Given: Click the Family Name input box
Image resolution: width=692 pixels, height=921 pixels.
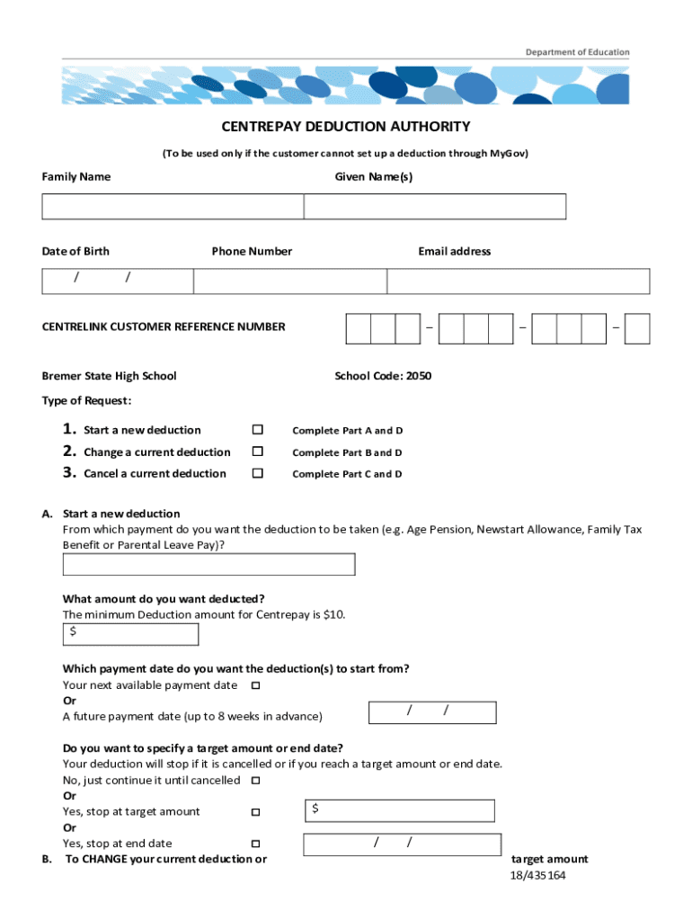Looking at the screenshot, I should coord(173,207).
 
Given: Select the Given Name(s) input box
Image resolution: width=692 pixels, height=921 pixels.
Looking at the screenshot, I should coord(435,207).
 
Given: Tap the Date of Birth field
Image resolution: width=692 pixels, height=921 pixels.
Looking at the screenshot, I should coord(117,281).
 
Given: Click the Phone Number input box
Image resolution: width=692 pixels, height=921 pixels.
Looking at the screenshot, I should coord(289,281).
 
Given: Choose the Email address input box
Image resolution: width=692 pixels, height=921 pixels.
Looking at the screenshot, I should coord(519,281).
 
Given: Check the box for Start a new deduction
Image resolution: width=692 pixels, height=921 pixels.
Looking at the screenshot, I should coord(257,430).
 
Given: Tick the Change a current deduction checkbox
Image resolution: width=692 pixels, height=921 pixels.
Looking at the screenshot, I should coord(257,452).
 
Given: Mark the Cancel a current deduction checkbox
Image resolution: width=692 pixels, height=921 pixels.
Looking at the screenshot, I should coord(257,473).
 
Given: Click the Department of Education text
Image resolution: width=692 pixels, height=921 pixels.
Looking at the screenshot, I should coord(578,52).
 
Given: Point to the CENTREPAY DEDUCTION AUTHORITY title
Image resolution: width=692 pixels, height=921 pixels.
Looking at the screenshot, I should coord(346,127).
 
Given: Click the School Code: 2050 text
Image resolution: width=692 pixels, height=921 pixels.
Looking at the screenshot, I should coord(383,376).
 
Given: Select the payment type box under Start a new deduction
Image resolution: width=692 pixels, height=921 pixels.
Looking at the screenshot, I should coord(208,564).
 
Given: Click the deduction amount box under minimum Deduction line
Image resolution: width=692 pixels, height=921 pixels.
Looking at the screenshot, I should coord(130,634).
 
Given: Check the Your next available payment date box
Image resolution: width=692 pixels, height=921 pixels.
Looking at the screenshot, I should coord(255,685).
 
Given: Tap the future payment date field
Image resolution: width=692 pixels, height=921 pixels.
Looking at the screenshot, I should coord(432,712).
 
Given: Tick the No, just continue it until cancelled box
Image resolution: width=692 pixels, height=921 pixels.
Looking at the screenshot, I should coord(255,780).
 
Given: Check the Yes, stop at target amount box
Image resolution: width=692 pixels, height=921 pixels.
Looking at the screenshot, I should coord(255,812).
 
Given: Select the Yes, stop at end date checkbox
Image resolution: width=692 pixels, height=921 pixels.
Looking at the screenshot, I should coord(255,844).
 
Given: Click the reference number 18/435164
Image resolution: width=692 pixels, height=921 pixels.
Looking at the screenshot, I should coord(537,875).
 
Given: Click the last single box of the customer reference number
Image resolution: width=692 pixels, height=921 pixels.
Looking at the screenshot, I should coord(637,328).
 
